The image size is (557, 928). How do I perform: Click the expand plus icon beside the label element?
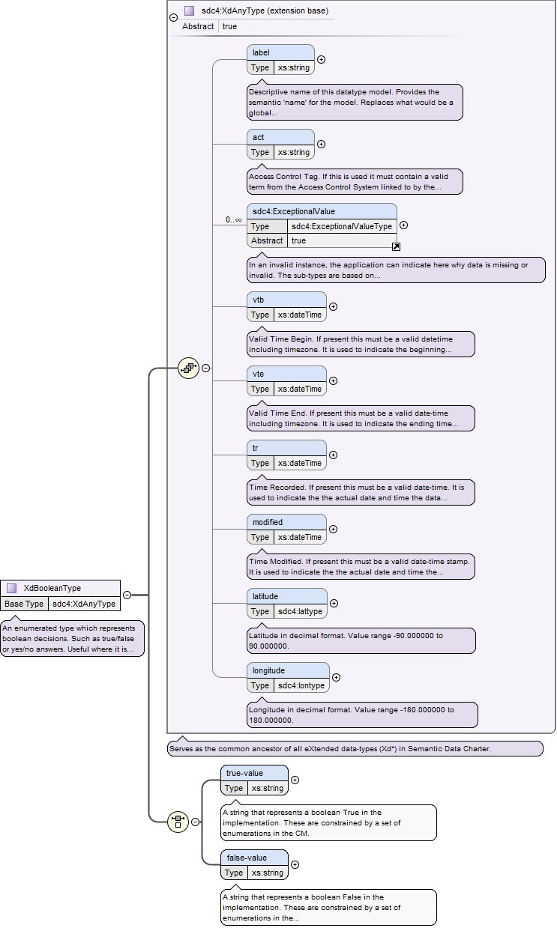[x=321, y=60]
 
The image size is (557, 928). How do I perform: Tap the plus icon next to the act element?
[x=321, y=144]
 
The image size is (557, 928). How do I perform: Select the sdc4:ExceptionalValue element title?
[x=294, y=211]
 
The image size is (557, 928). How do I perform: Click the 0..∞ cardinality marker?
[x=233, y=219]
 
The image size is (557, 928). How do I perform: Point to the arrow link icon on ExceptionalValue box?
[x=396, y=247]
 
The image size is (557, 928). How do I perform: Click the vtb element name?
[x=258, y=300]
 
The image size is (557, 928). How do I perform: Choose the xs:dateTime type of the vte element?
[x=299, y=389]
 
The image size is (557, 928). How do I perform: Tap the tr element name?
[x=255, y=448]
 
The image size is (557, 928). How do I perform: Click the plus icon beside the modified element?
[x=333, y=529]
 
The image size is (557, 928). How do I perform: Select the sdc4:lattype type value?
[x=300, y=611]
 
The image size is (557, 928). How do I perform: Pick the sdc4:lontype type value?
[x=301, y=685]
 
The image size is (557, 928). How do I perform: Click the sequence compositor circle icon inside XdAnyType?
[x=188, y=368]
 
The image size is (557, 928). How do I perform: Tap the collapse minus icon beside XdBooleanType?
[x=127, y=595]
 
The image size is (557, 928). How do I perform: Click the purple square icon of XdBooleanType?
[x=11, y=588]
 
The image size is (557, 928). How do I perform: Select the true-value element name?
[x=244, y=774]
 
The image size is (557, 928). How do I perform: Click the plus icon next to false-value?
[x=295, y=864]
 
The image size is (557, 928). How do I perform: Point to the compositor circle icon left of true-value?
[x=178, y=822]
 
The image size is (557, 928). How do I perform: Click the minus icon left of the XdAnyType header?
[x=174, y=17]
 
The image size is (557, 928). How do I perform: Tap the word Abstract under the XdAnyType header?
[x=198, y=26]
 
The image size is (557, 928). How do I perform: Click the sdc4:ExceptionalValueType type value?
[x=342, y=226]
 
